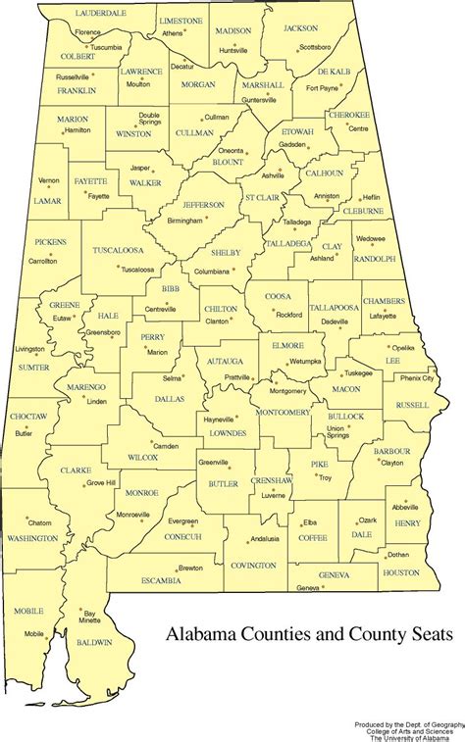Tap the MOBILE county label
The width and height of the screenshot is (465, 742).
[29, 611]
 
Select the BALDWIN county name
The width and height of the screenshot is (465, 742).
[93, 642]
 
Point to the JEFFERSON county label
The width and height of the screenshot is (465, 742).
[203, 205]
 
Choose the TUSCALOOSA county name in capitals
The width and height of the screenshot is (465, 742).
[118, 251]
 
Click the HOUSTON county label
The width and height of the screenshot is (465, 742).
[400, 571]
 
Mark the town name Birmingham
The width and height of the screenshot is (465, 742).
[192, 222]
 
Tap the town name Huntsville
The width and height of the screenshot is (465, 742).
[233, 49]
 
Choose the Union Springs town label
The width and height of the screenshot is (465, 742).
[336, 432]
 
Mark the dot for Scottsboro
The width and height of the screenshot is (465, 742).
[293, 46]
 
